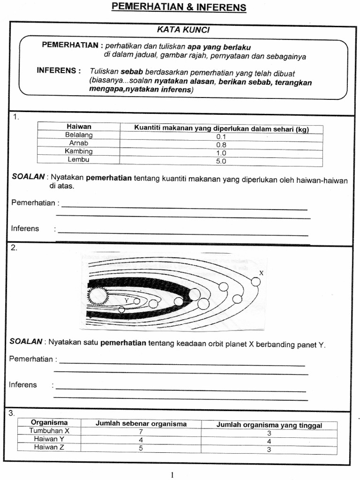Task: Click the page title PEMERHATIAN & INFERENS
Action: (178, 7)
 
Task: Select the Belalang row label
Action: (79, 135)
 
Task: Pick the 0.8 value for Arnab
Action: (221, 145)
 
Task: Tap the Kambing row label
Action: (79, 151)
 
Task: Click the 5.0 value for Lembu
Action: (221, 161)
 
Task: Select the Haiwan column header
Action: (79, 127)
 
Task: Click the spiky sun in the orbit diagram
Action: (99, 296)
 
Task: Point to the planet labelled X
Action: (255, 281)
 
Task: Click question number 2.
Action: (14, 248)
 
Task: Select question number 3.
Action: (12, 413)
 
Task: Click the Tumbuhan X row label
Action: (49, 431)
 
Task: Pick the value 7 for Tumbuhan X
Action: (141, 431)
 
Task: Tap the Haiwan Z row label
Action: (49, 447)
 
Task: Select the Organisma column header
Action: (49, 422)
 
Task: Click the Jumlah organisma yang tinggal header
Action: (269, 425)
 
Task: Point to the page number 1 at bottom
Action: (172, 474)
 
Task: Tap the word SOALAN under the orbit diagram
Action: (26, 342)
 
